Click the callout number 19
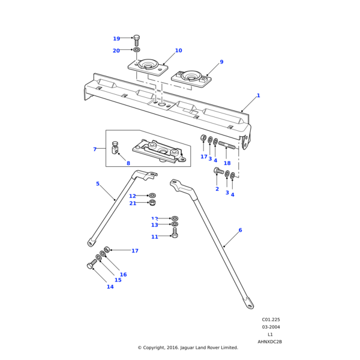[116, 39]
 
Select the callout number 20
[116, 51]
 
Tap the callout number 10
[178, 50]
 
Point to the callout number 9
[221, 62]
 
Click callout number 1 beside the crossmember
[258, 95]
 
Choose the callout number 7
[95, 149]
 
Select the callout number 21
[133, 203]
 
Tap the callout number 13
[154, 225]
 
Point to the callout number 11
[154, 237]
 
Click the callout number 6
[240, 230]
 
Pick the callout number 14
[110, 287]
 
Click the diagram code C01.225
[271, 320]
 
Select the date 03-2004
[271, 327]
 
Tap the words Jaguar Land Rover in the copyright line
[200, 347]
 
